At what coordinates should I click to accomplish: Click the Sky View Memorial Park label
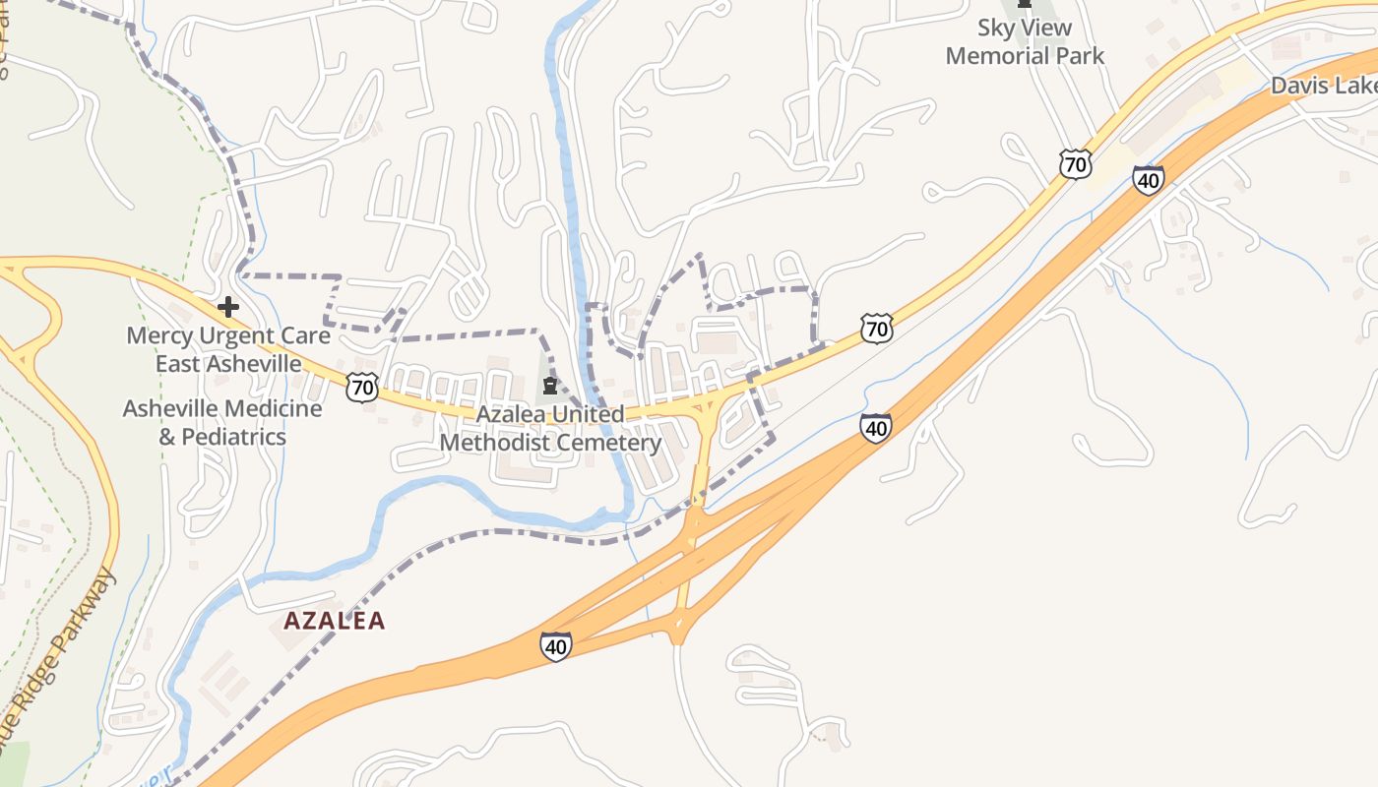tap(1025, 42)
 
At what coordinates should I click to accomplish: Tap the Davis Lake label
tap(1323, 86)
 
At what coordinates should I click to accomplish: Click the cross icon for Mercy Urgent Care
tap(228, 307)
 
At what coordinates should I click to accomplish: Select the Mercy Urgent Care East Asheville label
tap(228, 349)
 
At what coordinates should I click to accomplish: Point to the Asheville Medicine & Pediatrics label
tap(222, 422)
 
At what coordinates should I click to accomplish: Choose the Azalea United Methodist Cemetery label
tap(550, 428)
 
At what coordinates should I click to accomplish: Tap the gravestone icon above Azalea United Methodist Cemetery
tap(549, 386)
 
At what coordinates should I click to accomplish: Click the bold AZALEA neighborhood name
tap(335, 621)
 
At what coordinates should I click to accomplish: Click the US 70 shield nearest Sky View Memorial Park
tap(1076, 163)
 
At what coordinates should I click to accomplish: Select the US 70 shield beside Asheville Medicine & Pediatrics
tap(362, 387)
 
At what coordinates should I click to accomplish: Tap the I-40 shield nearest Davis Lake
tap(1148, 180)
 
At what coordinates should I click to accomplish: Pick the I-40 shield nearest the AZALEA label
tap(555, 646)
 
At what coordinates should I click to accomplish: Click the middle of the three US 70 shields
tap(876, 328)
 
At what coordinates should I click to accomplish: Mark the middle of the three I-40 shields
tap(875, 427)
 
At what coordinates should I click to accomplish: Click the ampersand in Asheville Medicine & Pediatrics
tap(167, 437)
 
